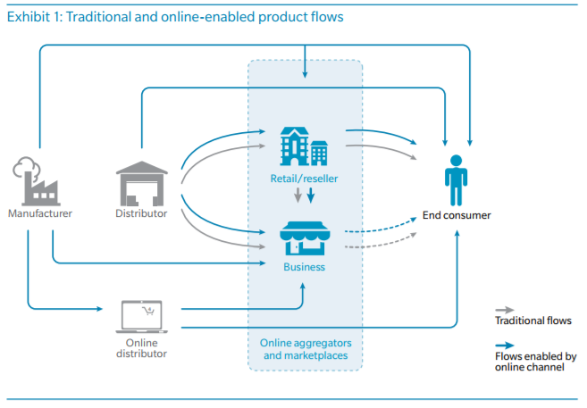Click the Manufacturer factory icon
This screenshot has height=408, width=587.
[x=36, y=180]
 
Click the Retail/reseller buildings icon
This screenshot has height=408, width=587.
[x=304, y=146]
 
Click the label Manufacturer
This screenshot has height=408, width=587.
[x=40, y=214]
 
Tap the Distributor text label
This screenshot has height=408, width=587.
[x=141, y=214]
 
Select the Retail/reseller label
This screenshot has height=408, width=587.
[x=304, y=179]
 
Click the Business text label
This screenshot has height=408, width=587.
[x=304, y=266]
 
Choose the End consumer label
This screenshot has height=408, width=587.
[x=457, y=215]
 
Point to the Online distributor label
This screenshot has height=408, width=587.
[x=141, y=347]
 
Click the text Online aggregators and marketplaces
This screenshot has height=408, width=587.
[x=305, y=350]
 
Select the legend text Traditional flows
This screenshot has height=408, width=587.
[x=533, y=321]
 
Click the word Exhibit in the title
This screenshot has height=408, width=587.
[x=28, y=17]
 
